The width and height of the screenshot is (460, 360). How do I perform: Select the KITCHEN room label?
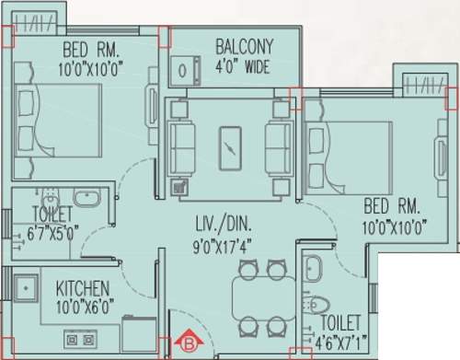(x=83, y=288)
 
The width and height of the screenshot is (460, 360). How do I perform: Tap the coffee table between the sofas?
(x=230, y=144)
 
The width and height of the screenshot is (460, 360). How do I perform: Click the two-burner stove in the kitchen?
(x=80, y=339)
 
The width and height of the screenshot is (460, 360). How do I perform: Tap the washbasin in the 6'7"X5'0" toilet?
(x=88, y=197)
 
